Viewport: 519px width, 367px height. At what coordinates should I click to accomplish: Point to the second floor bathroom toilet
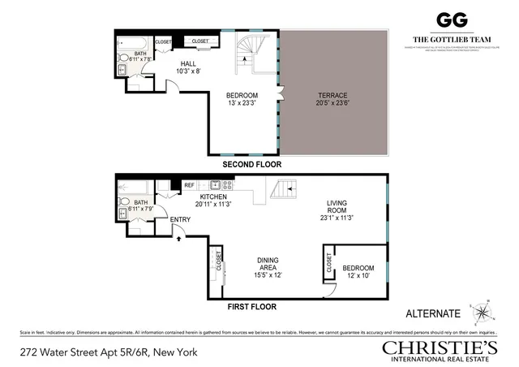[x=123, y=59]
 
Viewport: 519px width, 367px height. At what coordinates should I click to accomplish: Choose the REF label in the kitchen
[x=189, y=185]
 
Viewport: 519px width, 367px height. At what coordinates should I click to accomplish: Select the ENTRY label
[x=180, y=218]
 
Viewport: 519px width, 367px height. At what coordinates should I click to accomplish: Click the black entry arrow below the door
[x=179, y=238]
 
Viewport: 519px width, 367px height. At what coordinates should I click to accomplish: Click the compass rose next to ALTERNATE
[x=482, y=312]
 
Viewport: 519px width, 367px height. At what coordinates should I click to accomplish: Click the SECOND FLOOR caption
[x=250, y=164]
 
